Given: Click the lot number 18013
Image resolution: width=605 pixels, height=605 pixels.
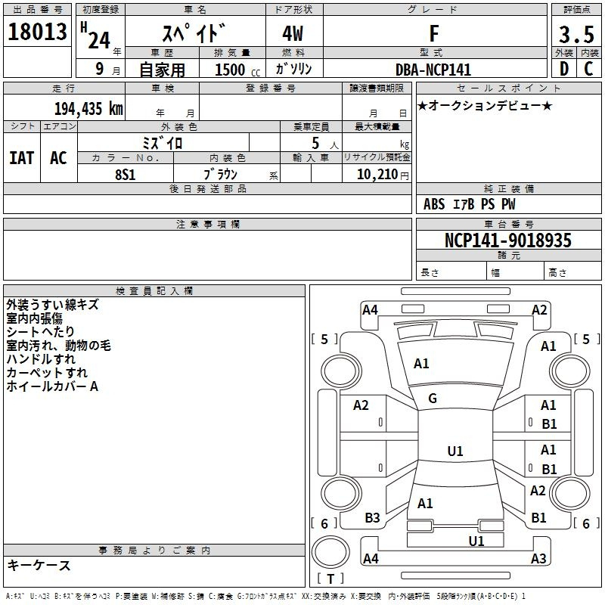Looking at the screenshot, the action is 37,32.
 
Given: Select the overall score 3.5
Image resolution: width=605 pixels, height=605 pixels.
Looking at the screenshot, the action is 576,34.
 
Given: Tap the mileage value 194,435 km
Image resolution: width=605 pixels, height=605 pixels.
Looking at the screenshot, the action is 88,109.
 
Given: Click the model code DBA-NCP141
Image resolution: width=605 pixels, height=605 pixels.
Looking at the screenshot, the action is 433,70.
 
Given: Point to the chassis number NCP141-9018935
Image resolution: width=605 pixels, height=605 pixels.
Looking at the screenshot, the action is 507,240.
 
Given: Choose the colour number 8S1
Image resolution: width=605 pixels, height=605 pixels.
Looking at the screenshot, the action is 126,175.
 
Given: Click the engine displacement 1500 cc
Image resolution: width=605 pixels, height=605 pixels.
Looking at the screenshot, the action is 237,70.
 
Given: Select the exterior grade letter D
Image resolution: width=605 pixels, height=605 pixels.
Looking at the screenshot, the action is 564,69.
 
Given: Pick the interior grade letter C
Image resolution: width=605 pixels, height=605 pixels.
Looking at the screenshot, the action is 588,69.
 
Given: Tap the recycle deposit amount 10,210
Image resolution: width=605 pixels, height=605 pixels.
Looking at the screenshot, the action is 377,175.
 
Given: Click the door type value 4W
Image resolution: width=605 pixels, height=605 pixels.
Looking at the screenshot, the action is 293,33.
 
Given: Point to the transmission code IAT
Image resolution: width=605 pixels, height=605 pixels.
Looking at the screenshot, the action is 22,158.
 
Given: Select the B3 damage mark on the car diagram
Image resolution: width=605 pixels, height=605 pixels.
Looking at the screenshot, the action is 372,518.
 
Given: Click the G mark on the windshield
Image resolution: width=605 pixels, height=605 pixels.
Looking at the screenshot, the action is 433,399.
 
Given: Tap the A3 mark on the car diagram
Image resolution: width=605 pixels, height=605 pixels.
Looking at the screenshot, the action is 538,558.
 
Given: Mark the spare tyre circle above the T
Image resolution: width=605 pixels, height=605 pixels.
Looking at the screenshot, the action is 330,552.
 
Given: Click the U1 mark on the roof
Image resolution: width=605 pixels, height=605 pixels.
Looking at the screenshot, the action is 455,451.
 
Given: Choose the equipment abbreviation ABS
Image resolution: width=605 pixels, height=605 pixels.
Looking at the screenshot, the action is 434,204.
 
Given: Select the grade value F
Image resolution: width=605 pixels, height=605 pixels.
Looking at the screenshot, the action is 434,33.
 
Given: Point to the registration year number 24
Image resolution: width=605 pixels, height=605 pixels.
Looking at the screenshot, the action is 99,40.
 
